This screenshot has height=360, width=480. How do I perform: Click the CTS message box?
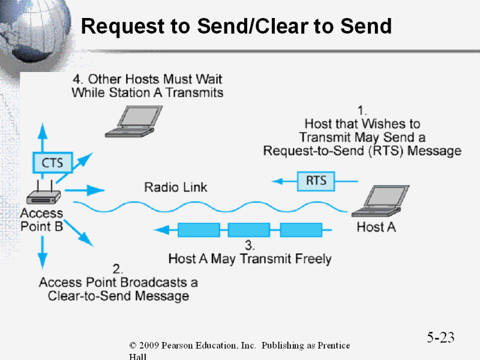coord(52,162)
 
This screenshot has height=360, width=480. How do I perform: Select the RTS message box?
coord(316,181)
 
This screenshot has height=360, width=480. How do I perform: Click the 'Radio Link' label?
coord(175,187)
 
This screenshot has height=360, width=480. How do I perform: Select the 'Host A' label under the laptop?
coord(376,227)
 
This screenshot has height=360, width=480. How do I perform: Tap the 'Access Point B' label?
coord(41,220)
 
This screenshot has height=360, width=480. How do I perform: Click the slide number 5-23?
coord(440,337)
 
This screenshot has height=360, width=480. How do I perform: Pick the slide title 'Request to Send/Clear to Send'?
coord(236,26)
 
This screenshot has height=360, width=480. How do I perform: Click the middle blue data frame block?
coord(248,229)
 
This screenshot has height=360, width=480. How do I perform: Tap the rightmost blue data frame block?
coord(301,229)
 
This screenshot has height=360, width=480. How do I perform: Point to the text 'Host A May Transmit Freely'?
coord(250,259)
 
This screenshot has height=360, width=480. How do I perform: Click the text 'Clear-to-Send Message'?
coord(118,296)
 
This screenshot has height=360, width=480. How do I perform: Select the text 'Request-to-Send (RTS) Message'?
coord(362,151)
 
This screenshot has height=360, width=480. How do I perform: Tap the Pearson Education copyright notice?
coord(239,346)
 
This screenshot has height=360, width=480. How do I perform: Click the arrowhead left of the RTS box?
coord(278,181)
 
